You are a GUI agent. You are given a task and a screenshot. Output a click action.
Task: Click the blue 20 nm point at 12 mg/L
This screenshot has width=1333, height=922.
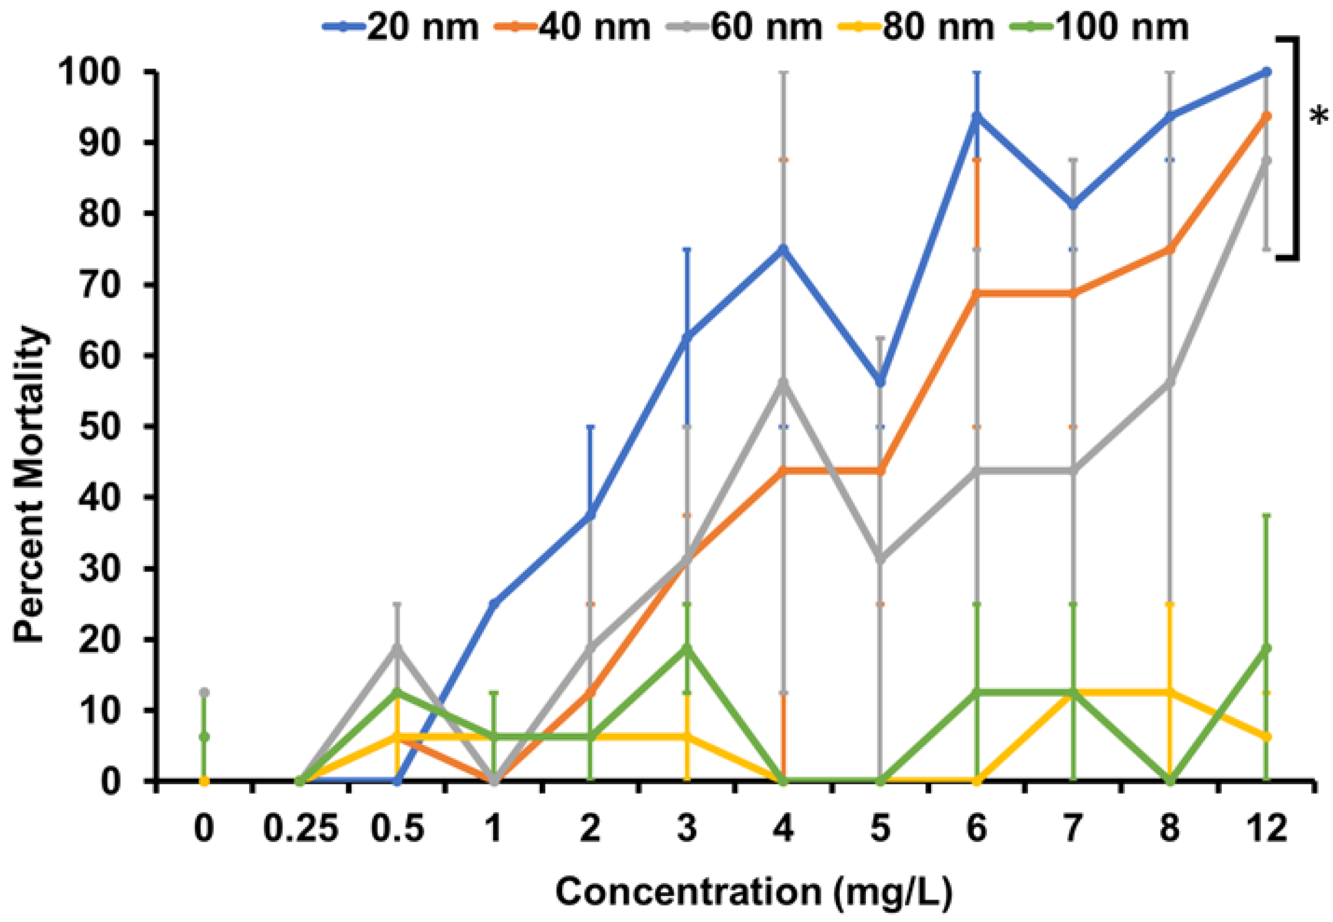coord(1267,72)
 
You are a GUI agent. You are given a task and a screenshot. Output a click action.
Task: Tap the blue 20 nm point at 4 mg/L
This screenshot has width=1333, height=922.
coord(783,249)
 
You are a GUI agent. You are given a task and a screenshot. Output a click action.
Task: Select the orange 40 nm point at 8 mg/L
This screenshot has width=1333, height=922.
coord(1170,249)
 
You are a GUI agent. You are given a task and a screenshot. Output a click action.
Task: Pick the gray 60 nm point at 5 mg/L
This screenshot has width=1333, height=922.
coord(880,559)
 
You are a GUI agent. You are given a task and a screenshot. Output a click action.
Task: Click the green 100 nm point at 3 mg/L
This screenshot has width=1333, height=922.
coord(687,648)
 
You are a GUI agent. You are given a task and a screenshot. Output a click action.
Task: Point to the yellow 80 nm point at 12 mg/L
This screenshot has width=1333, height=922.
coord(1267,737)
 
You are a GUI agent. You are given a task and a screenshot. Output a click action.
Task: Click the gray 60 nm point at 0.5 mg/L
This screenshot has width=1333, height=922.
coord(397,648)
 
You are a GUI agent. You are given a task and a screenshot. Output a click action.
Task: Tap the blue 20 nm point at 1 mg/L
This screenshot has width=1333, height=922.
coord(494,604)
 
